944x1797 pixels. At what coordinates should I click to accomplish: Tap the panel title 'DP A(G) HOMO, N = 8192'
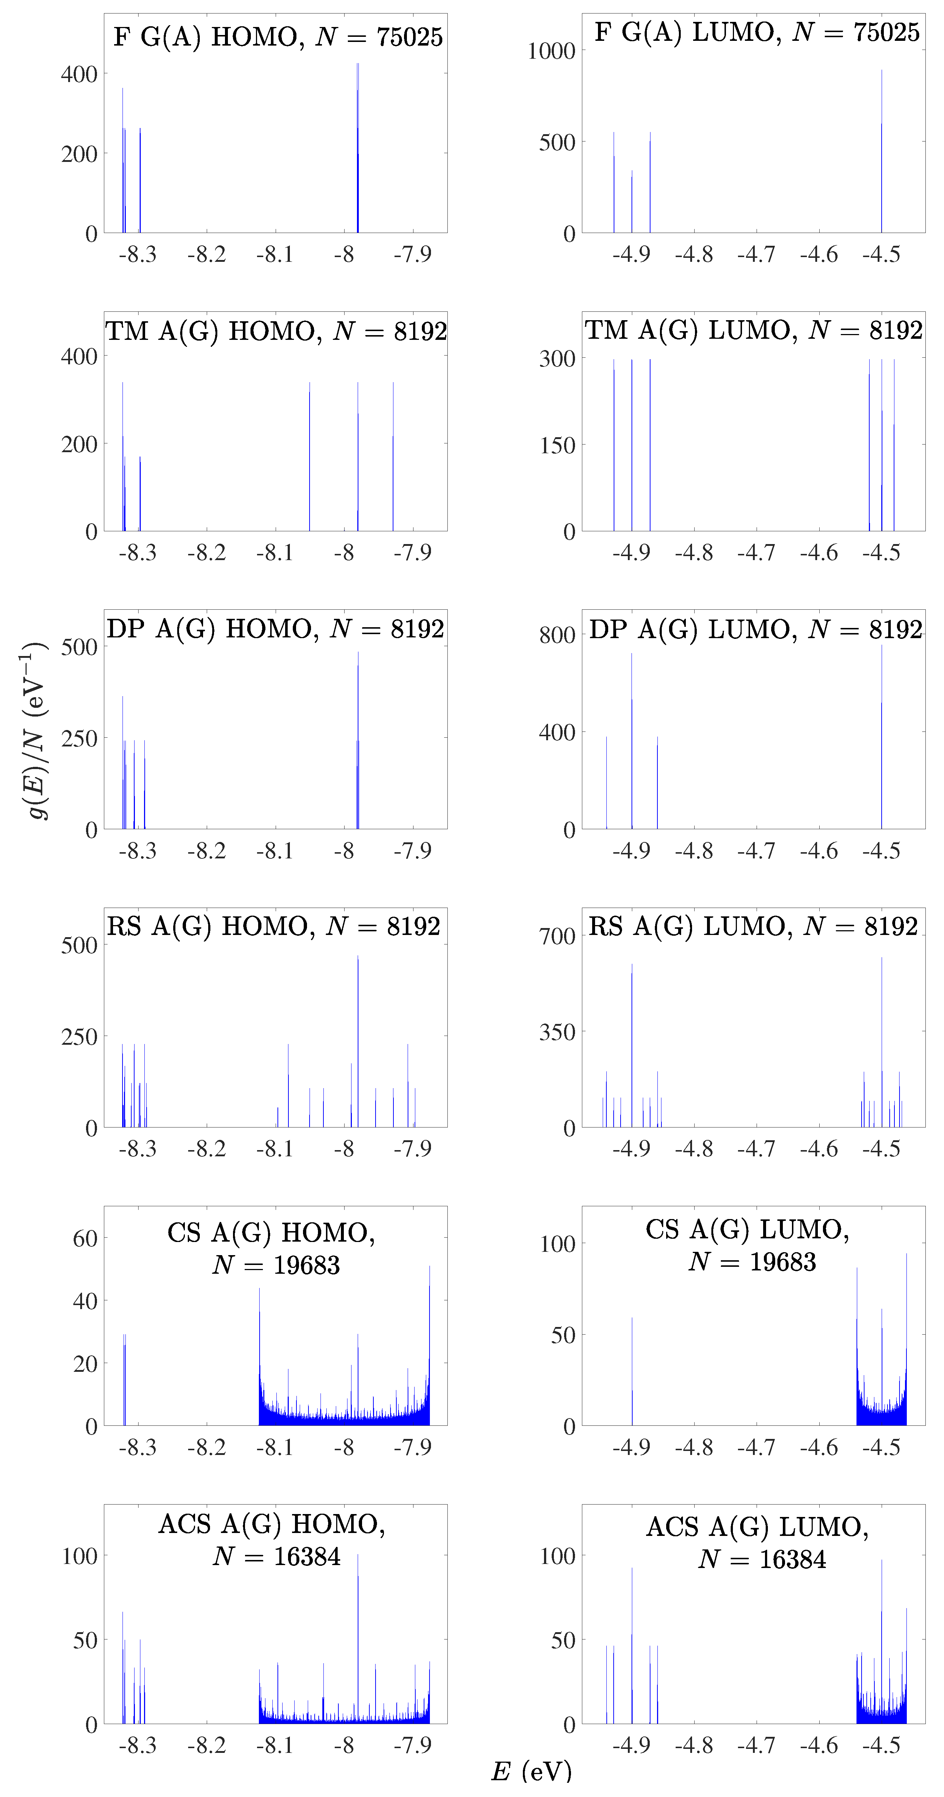275,629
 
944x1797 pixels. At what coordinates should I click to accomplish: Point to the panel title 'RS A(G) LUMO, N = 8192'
753,927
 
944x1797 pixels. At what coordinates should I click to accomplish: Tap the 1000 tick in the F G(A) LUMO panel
551,51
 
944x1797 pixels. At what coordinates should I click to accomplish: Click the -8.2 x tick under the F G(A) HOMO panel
206,255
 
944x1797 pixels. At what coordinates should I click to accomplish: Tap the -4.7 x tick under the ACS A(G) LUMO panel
756,1745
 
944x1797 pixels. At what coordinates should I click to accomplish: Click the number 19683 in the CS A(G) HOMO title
307,1265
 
